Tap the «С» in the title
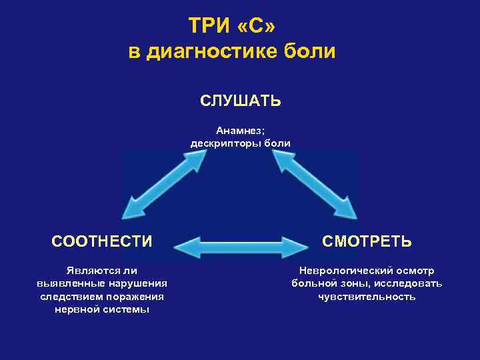tap(255, 26)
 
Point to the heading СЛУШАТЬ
tap(240, 101)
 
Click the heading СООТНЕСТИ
tap(102, 241)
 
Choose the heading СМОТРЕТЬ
tap(367, 241)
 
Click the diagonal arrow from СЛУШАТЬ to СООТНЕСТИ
tap(169, 182)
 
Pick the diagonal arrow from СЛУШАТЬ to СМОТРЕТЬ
tap(313, 182)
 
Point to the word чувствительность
tap(367, 297)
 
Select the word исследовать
tap(409, 284)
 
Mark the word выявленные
tap(68, 284)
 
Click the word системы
tap(127, 309)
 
